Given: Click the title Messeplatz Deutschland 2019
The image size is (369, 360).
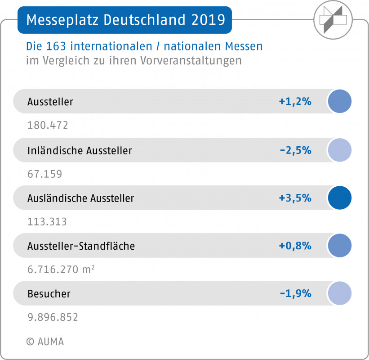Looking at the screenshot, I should pyautogui.click(x=125, y=20).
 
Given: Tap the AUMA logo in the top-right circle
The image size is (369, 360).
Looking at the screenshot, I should pyautogui.click(x=333, y=20).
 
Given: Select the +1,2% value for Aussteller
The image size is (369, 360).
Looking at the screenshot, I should pyautogui.click(x=295, y=102).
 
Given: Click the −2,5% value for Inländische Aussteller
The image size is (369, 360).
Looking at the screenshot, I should pyautogui.click(x=295, y=150).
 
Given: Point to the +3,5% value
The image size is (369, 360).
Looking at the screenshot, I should pyautogui.click(x=295, y=198).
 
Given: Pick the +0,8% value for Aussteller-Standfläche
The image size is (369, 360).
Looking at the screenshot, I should pyautogui.click(x=295, y=246).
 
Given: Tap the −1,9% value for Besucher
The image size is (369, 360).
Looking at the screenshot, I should pyautogui.click(x=295, y=293).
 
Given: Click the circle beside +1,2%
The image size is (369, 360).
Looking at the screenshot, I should pyautogui.click(x=339, y=101).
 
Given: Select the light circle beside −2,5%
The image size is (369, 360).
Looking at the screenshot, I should pyautogui.click(x=339, y=150).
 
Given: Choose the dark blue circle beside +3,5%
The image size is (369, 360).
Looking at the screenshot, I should pyautogui.click(x=339, y=198).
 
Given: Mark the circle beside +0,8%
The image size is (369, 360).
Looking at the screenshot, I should pyautogui.click(x=339, y=246).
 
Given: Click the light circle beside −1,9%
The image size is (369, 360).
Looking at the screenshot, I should pyautogui.click(x=339, y=293).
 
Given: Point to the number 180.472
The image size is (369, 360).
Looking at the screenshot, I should pyautogui.click(x=48, y=126).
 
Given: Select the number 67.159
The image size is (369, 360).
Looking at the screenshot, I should pyautogui.click(x=44, y=174).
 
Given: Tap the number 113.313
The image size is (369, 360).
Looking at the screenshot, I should pyautogui.click(x=47, y=222).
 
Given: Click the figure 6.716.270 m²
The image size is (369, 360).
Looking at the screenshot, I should pyautogui.click(x=61, y=270).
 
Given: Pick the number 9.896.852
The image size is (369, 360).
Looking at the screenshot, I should pyautogui.click(x=53, y=317).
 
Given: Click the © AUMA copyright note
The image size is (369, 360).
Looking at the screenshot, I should pyautogui.click(x=45, y=342).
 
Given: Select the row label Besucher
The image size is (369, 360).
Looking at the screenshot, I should pyautogui.click(x=49, y=294).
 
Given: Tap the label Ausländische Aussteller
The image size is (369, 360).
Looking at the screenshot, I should pyautogui.click(x=80, y=198).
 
